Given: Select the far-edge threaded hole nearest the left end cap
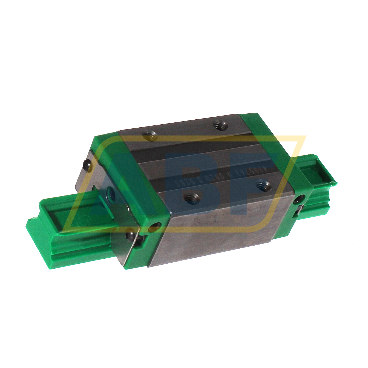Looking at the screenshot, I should [150, 135].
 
